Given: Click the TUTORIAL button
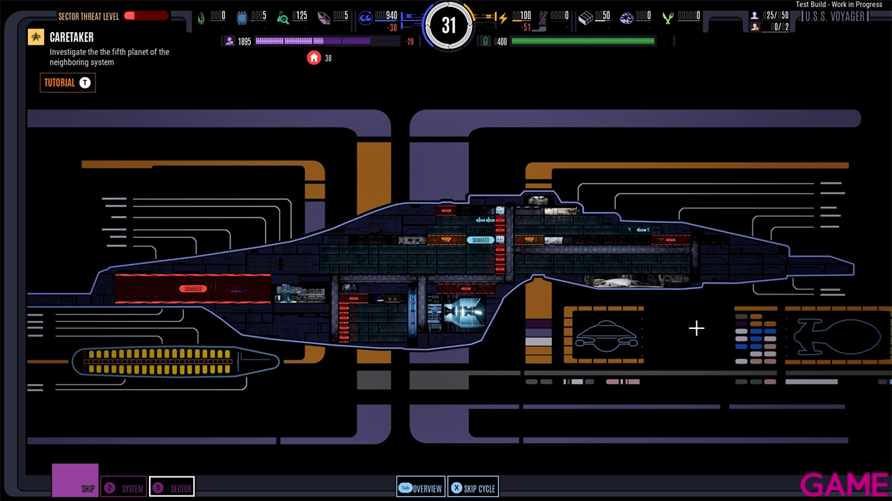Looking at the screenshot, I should (68, 83).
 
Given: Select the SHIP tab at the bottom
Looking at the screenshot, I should (75, 481).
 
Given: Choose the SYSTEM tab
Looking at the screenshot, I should (124, 488).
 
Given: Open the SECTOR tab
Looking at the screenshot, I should (172, 488).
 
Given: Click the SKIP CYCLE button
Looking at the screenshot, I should (472, 488).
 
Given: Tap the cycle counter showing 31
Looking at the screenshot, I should (448, 26).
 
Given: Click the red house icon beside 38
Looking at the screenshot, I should (314, 58).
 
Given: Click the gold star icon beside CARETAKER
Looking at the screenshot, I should (36, 37).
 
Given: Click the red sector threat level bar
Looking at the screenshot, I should (146, 16).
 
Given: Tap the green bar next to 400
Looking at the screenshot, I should (583, 42).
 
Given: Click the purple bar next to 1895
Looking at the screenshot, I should (312, 42).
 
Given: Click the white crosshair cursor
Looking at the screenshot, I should (696, 328).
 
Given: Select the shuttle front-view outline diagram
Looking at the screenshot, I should (606, 334).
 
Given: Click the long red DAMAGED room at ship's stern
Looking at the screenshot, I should (192, 288).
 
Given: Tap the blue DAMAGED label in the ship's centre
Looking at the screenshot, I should (480, 240).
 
